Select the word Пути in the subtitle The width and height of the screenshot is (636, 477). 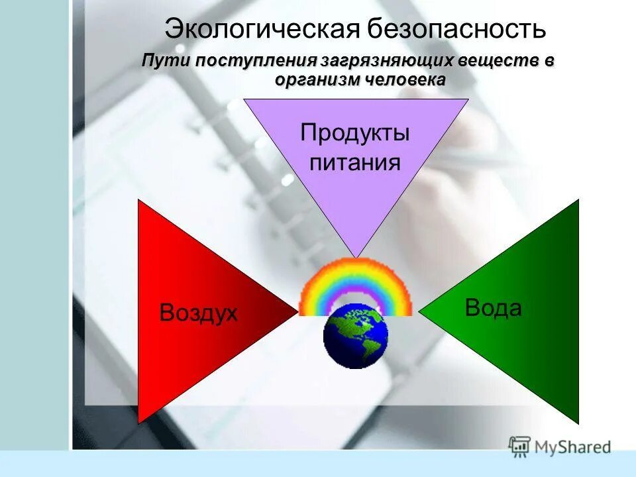tap(166, 61)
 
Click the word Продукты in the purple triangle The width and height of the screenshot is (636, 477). tap(355, 132)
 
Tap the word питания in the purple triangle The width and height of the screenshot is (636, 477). tap(355, 162)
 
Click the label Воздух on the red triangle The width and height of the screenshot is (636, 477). tap(198, 313)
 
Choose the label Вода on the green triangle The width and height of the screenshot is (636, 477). tap(493, 307)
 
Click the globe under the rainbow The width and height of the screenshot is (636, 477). tap(355, 335)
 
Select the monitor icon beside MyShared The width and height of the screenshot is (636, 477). tap(520, 446)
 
